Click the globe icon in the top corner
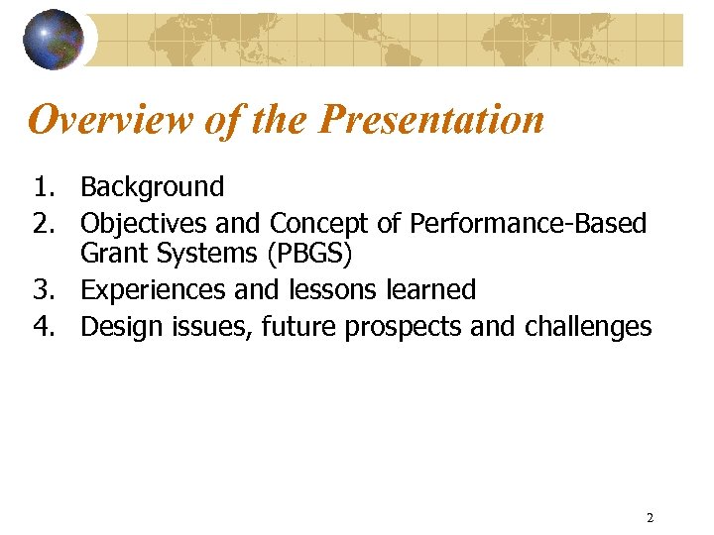point(54,40)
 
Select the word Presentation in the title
point(432,120)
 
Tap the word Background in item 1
point(153,186)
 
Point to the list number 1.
point(44,186)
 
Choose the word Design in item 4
point(118,327)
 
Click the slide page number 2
point(650,517)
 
